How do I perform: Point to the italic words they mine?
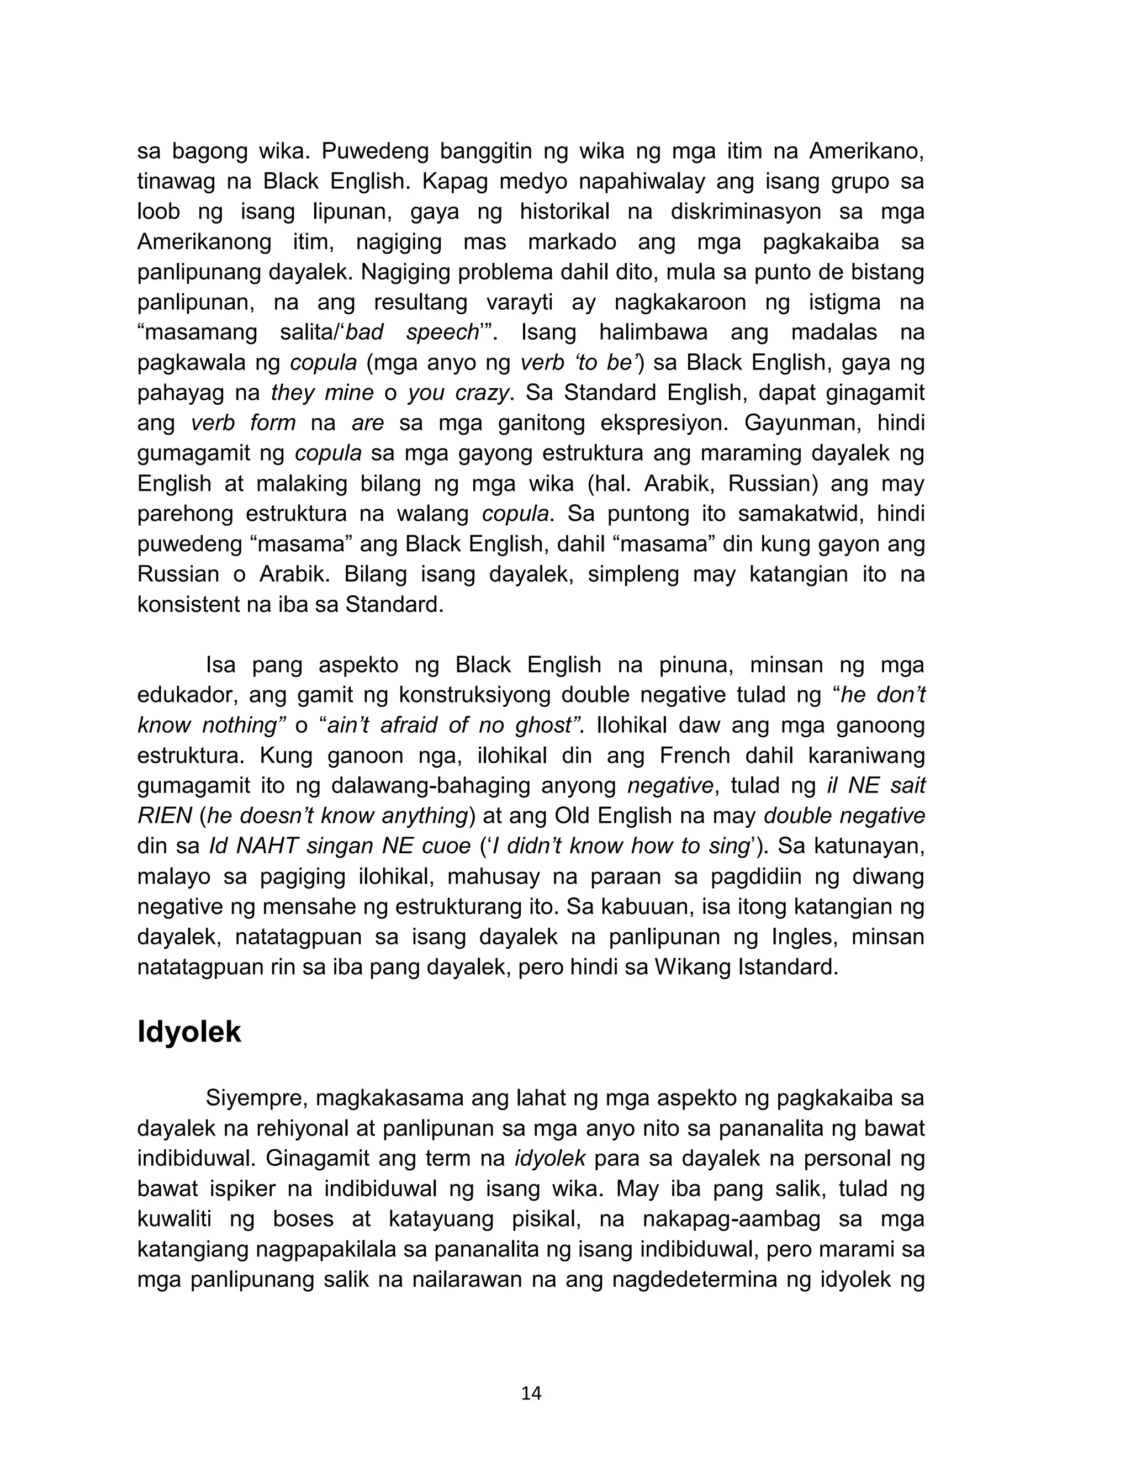[322, 393]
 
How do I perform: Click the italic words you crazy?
[458, 393]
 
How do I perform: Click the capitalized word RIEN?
[164, 816]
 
